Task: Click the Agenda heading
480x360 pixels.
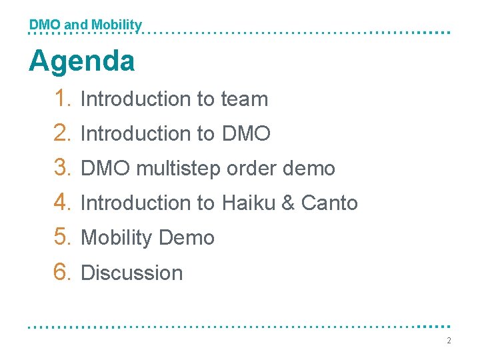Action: click(x=81, y=62)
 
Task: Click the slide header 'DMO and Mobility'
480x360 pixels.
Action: click(x=85, y=25)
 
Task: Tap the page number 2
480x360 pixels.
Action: click(x=449, y=341)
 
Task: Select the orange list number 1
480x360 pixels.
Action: click(x=63, y=99)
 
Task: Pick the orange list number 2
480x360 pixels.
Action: click(x=63, y=133)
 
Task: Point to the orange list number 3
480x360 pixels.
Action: click(x=63, y=168)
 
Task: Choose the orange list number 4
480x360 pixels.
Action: click(x=63, y=203)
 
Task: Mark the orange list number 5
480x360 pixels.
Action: click(x=63, y=237)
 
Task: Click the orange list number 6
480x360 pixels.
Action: click(x=63, y=272)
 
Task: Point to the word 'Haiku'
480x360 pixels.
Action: click(x=251, y=203)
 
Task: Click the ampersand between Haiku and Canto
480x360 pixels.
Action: click(x=288, y=203)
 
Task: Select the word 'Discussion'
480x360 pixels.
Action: click(x=131, y=273)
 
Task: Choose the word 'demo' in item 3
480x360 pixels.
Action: click(x=309, y=169)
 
